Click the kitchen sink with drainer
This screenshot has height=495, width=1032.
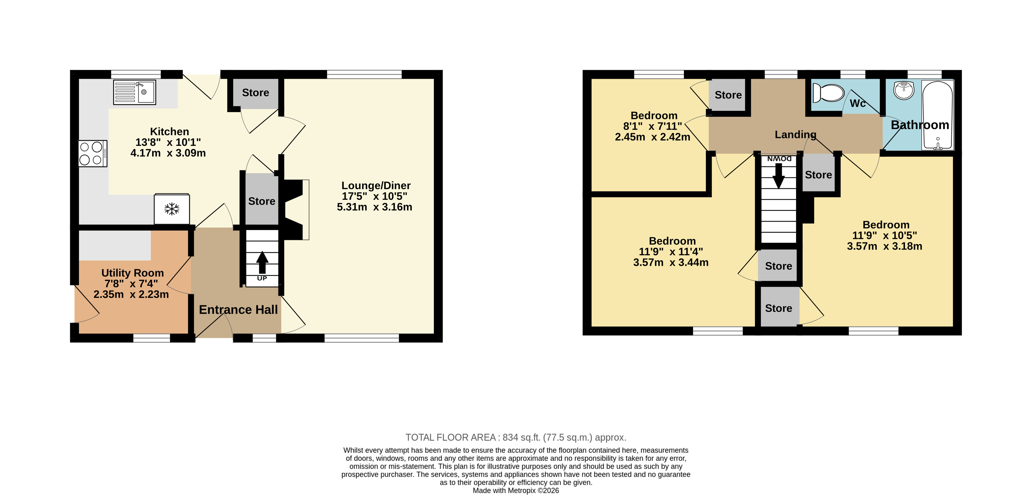[134, 92]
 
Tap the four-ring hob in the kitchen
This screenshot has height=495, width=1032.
[92, 154]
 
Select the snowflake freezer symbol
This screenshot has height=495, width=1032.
[172, 209]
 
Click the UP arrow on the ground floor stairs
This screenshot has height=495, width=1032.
[262, 263]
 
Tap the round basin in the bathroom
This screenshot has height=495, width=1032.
[903, 90]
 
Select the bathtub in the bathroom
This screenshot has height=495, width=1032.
[938, 115]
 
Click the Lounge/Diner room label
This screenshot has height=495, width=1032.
[376, 186]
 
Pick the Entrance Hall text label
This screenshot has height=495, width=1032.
[238, 310]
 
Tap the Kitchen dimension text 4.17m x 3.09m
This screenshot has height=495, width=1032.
[168, 153]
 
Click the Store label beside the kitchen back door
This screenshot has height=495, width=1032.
[256, 93]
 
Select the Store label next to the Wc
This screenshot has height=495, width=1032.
[728, 95]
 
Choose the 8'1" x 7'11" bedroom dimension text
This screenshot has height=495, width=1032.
[653, 126]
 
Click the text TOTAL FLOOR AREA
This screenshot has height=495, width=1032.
[451, 437]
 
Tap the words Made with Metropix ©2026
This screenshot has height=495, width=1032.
[516, 491]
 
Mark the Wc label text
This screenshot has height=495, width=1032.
[858, 103]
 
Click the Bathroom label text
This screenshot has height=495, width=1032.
[920, 125]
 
